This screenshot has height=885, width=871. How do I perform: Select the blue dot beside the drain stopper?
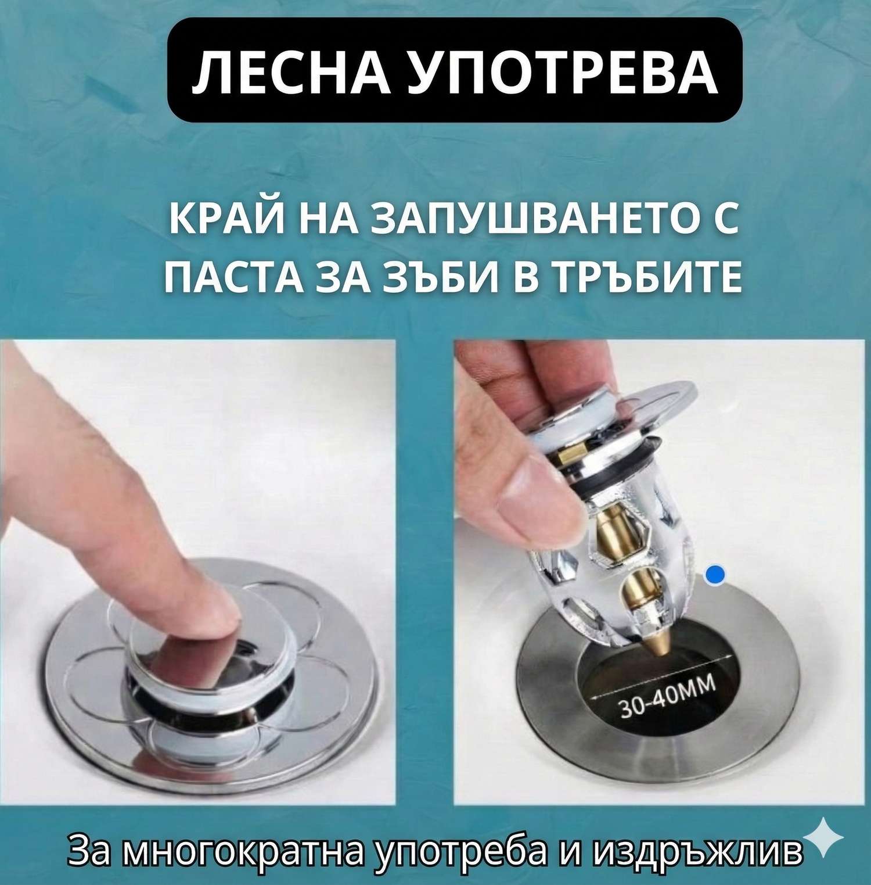[715, 575]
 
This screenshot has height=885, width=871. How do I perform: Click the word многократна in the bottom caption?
[243, 852]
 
